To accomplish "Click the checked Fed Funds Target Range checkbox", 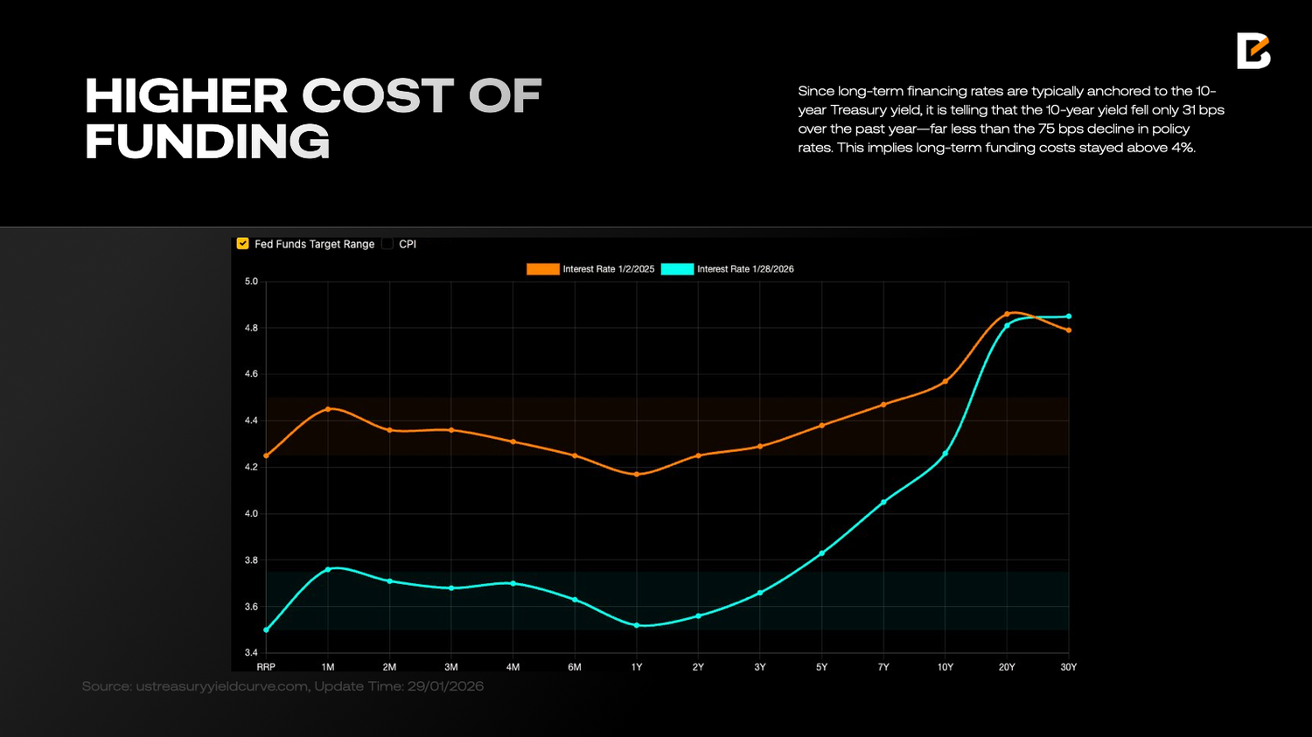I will click(x=243, y=244).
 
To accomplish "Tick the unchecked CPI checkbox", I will click(x=387, y=244).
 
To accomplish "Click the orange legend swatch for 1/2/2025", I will click(x=542, y=269).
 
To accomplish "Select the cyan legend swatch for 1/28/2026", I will click(x=677, y=269).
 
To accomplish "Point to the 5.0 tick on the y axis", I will click(x=251, y=282).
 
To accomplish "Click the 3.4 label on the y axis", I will click(x=251, y=653).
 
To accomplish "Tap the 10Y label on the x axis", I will click(x=946, y=667).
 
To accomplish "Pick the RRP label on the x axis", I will click(x=266, y=667).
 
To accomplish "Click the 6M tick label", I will click(x=575, y=667).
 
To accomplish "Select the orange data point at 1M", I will click(x=328, y=409).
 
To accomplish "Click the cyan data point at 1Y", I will click(x=637, y=625).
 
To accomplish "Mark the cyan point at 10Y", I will click(x=946, y=453).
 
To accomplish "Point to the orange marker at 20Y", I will click(x=1007, y=314).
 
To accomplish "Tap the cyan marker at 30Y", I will click(x=1069, y=316).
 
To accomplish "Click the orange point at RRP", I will click(x=266, y=455).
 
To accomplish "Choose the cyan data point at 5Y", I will click(x=821, y=553).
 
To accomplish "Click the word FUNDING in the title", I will click(x=207, y=142).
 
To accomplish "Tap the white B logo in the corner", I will click(x=1253, y=51).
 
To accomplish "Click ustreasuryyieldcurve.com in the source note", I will click(x=222, y=686).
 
